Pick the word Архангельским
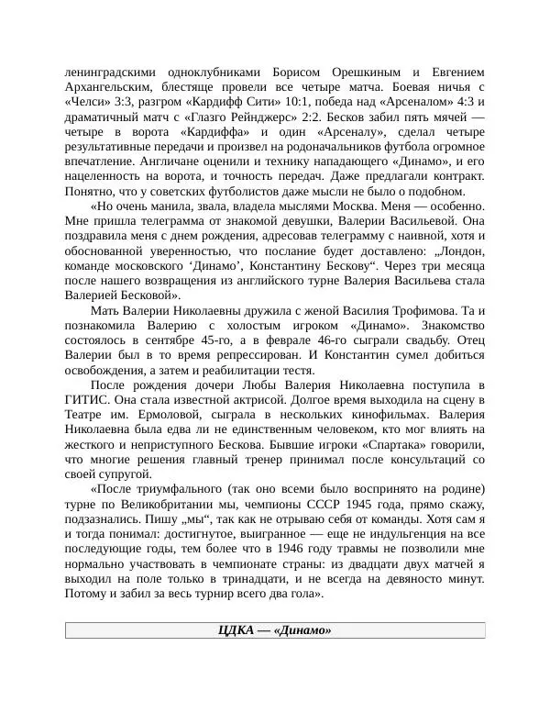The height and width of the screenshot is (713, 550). tap(111, 87)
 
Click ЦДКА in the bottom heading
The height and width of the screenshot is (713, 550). tap(236, 629)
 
